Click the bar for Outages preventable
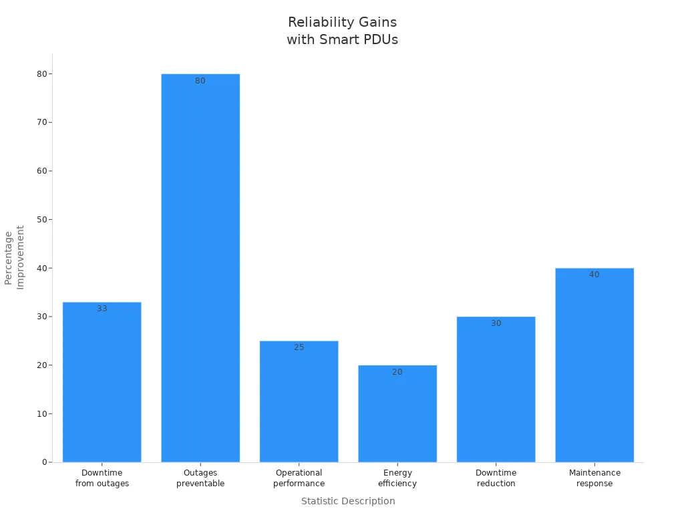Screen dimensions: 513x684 tap(200, 267)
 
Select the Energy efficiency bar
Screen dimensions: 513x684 tap(397, 413)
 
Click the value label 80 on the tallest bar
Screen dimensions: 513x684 tap(200, 81)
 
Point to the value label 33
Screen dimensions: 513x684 tap(102, 309)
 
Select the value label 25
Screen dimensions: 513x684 tap(299, 347)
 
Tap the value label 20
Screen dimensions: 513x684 tap(397, 372)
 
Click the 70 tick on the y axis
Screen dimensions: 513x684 tap(41, 122)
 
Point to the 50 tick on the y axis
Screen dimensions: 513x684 tap(41, 220)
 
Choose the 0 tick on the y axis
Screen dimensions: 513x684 tap(44, 462)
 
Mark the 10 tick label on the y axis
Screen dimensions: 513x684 tap(41, 414)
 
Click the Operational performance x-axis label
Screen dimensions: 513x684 tap(299, 478)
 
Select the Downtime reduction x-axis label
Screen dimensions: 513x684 tap(496, 478)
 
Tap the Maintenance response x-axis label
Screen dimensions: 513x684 tap(594, 478)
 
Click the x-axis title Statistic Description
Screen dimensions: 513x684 tap(348, 501)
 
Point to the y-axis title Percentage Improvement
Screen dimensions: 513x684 tap(14, 257)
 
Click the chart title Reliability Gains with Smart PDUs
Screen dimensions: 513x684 tap(342, 31)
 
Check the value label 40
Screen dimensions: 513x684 tap(594, 275)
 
